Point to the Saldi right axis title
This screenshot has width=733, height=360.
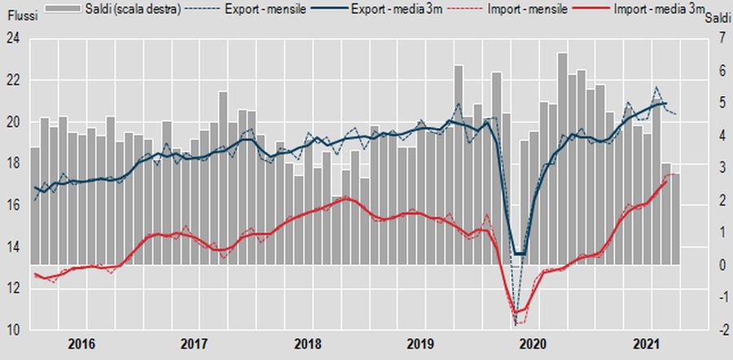point(717,19)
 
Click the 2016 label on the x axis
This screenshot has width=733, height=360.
point(81,344)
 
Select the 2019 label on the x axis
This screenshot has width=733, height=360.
point(419,344)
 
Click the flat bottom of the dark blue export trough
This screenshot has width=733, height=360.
point(518,254)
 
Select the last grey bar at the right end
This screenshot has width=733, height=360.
point(675,220)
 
